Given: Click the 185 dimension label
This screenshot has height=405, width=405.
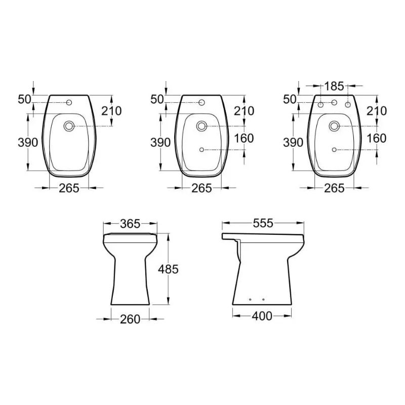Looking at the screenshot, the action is pos(334,86).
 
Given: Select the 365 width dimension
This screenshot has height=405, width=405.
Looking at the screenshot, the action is pos(130,224).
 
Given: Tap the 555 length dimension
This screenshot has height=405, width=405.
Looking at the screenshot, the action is pos(263,223).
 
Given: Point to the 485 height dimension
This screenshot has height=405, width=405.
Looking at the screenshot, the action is pos(168,269).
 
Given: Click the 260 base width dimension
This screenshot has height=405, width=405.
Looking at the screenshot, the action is pos(130,319).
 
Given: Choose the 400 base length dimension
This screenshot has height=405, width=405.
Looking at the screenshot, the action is pos(262,316).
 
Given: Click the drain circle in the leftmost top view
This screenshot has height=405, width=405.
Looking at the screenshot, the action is pos(69,126).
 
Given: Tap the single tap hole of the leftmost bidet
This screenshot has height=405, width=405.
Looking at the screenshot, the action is pos(69,103).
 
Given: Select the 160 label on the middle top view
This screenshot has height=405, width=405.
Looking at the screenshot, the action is pos(244,138).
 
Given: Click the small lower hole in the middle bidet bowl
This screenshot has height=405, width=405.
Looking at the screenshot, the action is pos(201,150).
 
